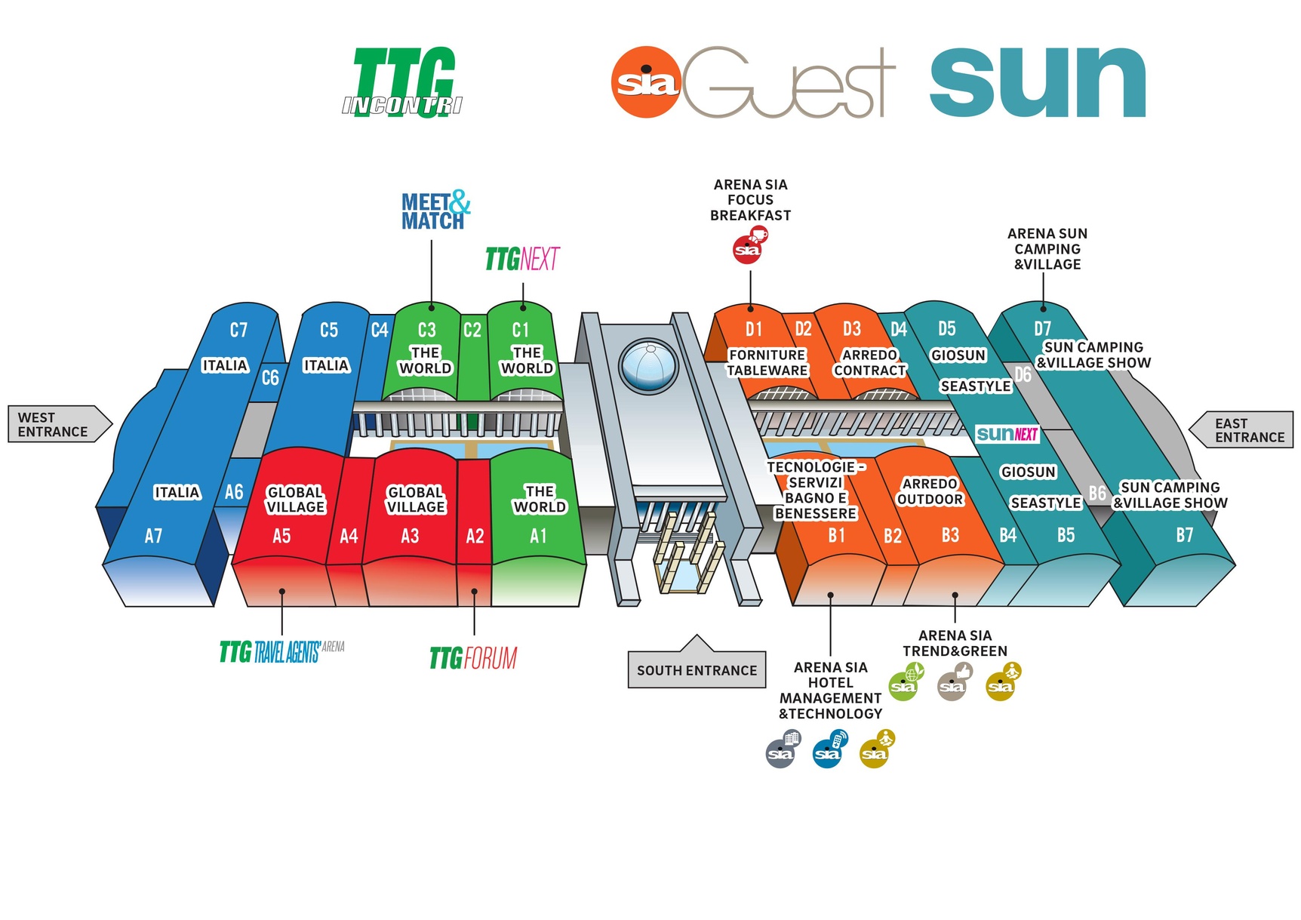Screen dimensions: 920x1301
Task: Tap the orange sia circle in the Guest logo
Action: pyautogui.click(x=646, y=82)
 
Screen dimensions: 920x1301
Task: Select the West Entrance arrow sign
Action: pyautogui.click(x=57, y=424)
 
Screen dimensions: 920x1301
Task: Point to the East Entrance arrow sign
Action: pyautogui.click(x=1244, y=430)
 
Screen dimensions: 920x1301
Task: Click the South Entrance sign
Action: pyautogui.click(x=697, y=669)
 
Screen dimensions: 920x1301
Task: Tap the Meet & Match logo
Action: pyautogui.click(x=435, y=211)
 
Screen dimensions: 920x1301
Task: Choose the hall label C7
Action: pyautogui.click(x=238, y=330)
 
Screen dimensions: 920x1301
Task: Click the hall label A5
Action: pyautogui.click(x=281, y=536)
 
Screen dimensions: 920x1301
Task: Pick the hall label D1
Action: pyautogui.click(x=753, y=329)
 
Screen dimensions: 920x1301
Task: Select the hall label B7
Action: pyautogui.click(x=1185, y=535)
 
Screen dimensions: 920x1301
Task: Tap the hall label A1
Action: pyautogui.click(x=538, y=536)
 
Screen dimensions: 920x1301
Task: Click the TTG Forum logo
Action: pyautogui.click(x=473, y=658)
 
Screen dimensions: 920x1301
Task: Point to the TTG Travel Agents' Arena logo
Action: pyautogui.click(x=281, y=651)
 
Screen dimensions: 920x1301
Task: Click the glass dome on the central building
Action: pyautogui.click(x=648, y=367)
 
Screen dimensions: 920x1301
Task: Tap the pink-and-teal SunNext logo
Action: pyautogui.click(x=1007, y=434)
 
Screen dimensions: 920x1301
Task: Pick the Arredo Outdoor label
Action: pyautogui.click(x=930, y=491)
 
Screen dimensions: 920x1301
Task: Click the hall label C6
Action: pyautogui.click(x=270, y=377)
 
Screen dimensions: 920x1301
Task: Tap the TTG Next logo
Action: pyautogui.click(x=521, y=259)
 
